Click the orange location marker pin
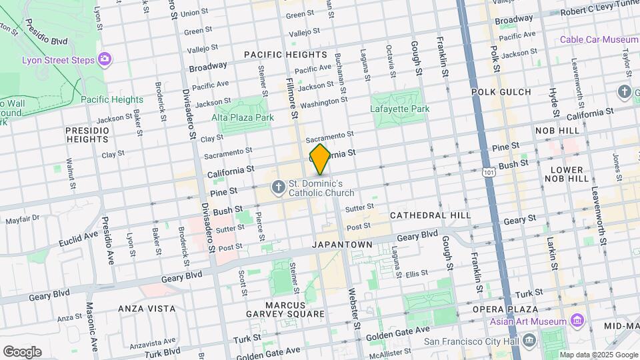(x=320, y=159)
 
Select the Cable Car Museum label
(x=599, y=39)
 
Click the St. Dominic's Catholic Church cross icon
(x=278, y=187)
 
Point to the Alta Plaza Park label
(x=243, y=117)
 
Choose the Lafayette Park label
(x=400, y=109)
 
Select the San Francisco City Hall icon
(x=529, y=341)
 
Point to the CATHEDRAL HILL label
(x=430, y=215)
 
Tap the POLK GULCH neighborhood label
(x=501, y=91)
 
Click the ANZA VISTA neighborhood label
(x=147, y=309)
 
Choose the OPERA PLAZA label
(x=505, y=309)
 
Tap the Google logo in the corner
(x=22, y=351)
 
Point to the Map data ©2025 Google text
(x=597, y=354)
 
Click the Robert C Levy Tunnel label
(x=598, y=12)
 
